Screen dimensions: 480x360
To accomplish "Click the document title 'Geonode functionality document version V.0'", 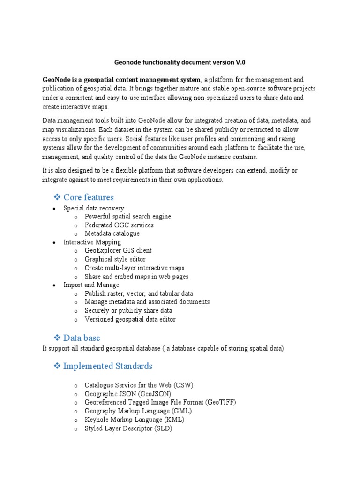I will click(x=180, y=62).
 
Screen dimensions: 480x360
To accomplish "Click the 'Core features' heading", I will click(x=89, y=197).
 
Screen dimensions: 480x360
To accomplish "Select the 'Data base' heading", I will click(x=82, y=337).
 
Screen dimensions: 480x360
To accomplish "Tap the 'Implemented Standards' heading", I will click(x=108, y=366).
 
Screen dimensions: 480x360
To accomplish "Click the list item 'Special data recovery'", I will click(x=94, y=208).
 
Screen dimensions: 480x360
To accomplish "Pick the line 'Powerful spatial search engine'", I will click(x=127, y=217).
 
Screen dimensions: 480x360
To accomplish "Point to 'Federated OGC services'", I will click(x=119, y=225).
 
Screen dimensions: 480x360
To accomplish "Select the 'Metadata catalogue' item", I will click(x=112, y=233).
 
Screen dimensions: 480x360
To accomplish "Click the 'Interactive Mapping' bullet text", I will click(x=92, y=242).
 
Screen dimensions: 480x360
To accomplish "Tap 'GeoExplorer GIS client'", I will click(x=118, y=250).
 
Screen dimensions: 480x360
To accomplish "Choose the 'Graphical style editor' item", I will click(x=115, y=259).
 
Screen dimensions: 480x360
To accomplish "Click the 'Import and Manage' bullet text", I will click(x=91, y=285).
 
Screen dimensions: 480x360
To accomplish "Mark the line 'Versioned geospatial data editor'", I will click(x=130, y=319).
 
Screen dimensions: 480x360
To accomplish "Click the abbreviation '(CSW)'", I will click(x=183, y=385).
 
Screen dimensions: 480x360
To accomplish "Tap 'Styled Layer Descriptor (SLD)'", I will click(x=128, y=428).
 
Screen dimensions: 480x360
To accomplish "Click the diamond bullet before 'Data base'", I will click(x=58, y=337).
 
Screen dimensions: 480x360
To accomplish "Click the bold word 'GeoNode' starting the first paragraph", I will click(x=56, y=80).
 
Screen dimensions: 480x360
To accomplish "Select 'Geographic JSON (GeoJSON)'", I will click(x=128, y=394).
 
